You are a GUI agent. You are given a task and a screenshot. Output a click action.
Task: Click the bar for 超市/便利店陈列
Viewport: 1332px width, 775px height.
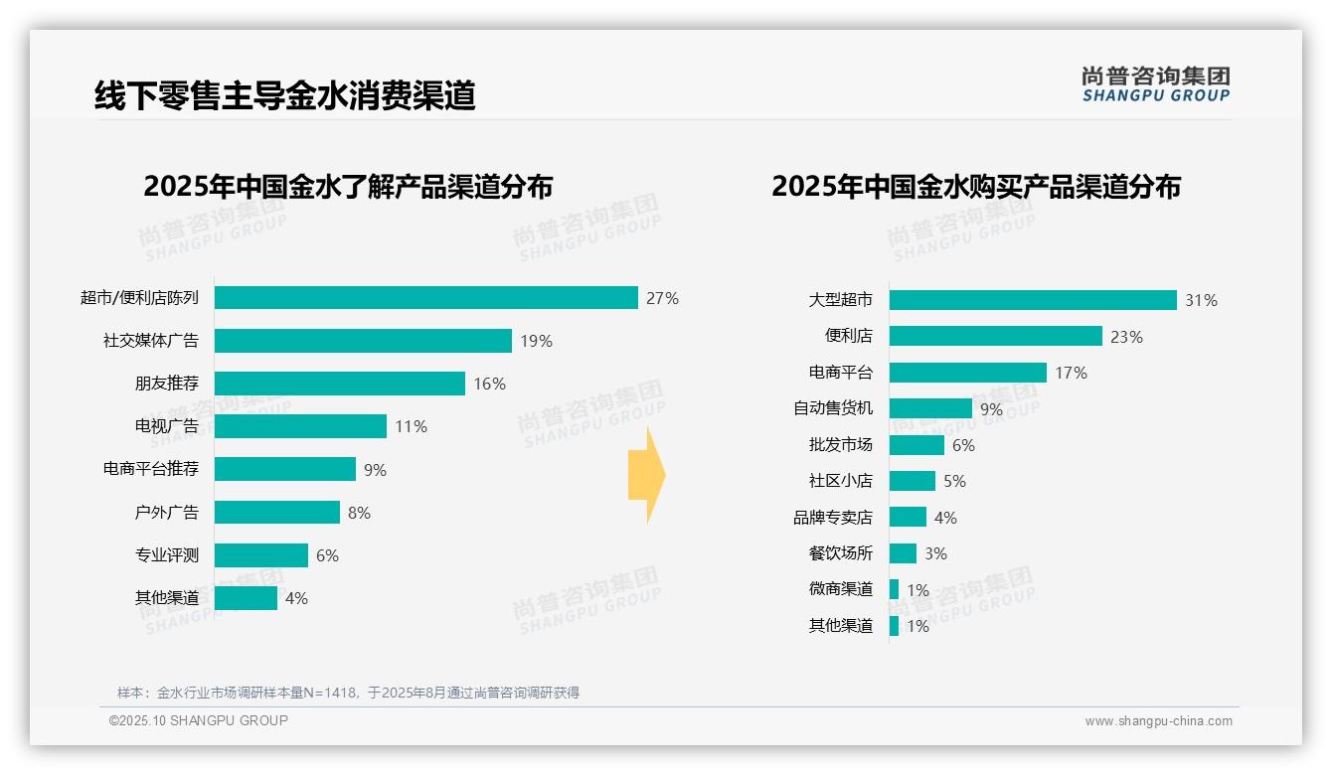[425, 298]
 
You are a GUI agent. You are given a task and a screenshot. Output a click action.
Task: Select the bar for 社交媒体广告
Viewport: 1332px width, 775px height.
[363, 341]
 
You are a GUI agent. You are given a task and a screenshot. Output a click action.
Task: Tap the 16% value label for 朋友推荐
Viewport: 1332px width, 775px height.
[489, 384]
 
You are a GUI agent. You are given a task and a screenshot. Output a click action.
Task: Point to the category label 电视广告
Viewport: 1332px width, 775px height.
[167, 426]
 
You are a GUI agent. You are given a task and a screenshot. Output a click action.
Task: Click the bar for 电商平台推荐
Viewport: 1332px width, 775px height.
[285, 469]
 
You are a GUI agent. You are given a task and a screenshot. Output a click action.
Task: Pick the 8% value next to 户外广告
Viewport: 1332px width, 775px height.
[359, 513]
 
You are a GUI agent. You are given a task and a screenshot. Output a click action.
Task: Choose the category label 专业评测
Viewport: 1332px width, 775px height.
[167, 555]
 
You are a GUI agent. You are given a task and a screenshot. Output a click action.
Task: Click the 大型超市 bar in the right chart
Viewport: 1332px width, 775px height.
[1033, 300]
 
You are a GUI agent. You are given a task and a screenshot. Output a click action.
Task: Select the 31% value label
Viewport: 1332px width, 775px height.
[1201, 300]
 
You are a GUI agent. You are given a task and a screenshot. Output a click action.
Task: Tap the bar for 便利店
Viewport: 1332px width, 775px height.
[995, 336]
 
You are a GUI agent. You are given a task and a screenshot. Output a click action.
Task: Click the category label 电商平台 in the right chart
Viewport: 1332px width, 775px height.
[841, 373]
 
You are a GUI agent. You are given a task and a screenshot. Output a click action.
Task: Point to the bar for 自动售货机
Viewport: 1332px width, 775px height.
[930, 408]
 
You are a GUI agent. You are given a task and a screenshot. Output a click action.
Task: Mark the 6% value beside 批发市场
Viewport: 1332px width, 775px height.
[963, 445]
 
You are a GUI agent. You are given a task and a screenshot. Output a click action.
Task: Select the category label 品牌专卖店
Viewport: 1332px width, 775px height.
[833, 518]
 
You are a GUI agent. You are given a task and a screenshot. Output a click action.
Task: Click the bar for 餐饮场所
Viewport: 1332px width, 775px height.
[903, 553]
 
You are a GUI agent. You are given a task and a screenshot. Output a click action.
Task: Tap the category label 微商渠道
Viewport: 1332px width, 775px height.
[841, 589]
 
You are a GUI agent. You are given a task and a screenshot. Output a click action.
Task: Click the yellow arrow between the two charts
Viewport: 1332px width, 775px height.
[646, 475]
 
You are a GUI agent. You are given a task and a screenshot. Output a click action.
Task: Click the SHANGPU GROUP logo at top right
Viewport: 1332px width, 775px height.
[1155, 84]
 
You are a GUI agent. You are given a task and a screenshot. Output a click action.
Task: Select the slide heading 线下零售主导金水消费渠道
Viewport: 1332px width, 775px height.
[285, 95]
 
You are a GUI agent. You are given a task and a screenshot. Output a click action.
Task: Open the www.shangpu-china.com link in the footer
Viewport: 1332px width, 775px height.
[1158, 721]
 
